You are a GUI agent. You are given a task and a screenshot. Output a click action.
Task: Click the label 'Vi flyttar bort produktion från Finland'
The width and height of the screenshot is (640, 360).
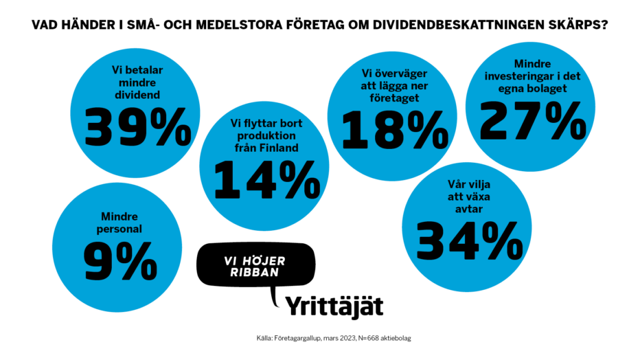point(264,136)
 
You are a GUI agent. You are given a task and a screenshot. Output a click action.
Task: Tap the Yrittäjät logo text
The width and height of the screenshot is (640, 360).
point(334,304)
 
